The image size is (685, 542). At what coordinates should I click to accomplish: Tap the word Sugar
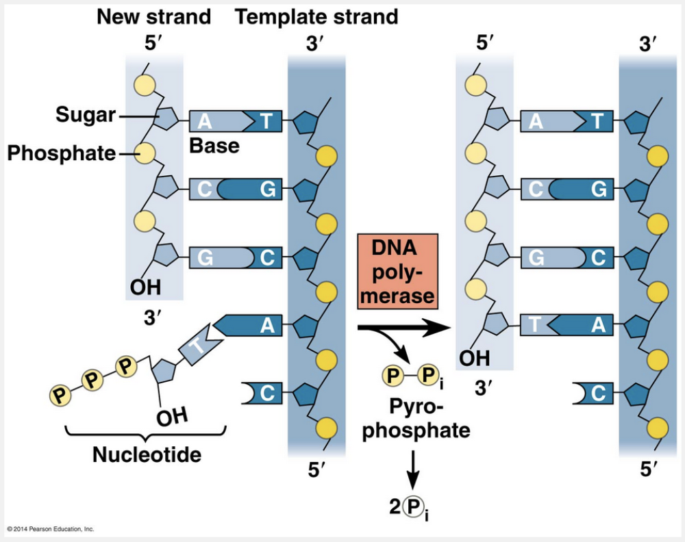tap(86, 115)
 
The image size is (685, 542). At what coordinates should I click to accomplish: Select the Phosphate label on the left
tap(61, 153)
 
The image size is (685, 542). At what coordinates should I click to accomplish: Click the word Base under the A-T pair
tap(214, 146)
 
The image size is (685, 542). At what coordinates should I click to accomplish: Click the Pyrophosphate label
tap(416, 418)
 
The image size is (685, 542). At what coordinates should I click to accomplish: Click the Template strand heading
tap(316, 16)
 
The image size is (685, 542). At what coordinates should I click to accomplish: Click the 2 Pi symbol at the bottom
tap(412, 507)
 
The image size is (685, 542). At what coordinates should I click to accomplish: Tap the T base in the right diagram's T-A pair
tap(538, 325)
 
